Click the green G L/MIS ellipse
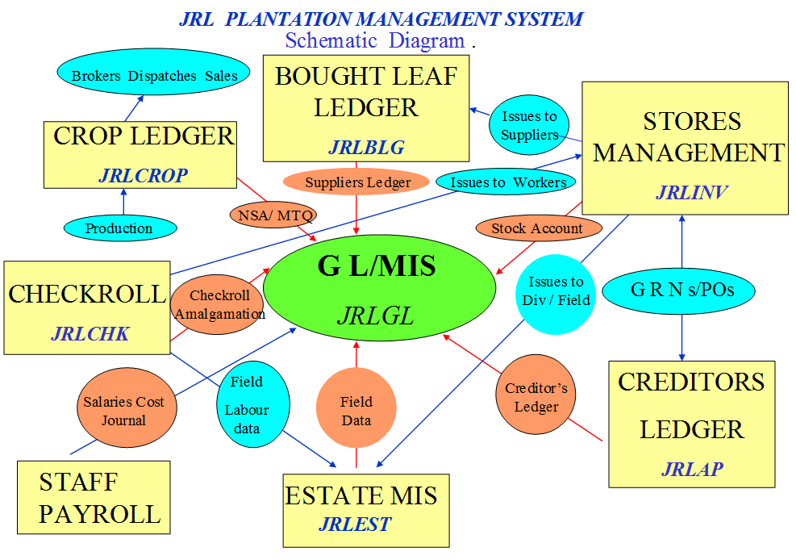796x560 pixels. [379, 290]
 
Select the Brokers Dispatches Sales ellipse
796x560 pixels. [154, 76]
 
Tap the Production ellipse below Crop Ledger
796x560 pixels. [119, 228]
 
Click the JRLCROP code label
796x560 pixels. [144, 176]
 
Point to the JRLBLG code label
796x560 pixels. [366, 147]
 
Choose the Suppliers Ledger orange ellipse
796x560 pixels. [356, 182]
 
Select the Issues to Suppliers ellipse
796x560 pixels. [529, 126]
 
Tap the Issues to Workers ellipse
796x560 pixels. [507, 182]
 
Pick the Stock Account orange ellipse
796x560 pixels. [537, 228]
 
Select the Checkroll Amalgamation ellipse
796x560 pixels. [219, 304]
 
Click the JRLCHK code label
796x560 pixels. [90, 333]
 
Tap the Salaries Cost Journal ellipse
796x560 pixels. [123, 411]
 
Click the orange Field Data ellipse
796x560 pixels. [356, 410]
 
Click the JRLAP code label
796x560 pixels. [692, 469]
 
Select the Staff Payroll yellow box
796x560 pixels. [94, 497]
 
